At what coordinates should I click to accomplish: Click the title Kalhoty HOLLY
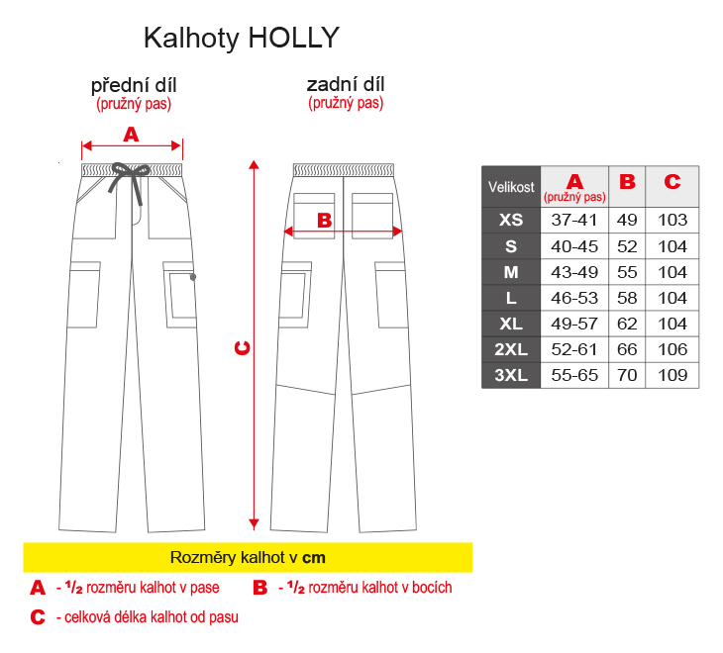(242, 38)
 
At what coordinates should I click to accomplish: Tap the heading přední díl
(134, 86)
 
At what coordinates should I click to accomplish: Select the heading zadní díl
(346, 85)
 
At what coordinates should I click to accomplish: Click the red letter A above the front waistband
(131, 135)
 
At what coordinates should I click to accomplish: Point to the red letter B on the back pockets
(325, 221)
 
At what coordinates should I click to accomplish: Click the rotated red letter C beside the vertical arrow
(243, 347)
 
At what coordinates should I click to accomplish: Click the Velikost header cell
(511, 187)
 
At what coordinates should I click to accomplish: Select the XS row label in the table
(511, 220)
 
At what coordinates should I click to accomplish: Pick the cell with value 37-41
(574, 220)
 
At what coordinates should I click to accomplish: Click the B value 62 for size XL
(627, 324)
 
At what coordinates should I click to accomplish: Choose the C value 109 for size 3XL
(672, 375)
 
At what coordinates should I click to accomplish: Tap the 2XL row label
(511, 349)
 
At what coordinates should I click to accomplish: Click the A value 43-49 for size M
(574, 272)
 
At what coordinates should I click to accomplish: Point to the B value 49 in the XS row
(627, 220)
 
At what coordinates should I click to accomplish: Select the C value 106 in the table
(672, 349)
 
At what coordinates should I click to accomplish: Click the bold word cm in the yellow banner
(314, 558)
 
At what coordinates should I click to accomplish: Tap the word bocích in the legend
(432, 588)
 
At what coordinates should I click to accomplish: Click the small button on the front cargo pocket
(193, 277)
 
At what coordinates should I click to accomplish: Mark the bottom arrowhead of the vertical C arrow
(254, 524)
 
